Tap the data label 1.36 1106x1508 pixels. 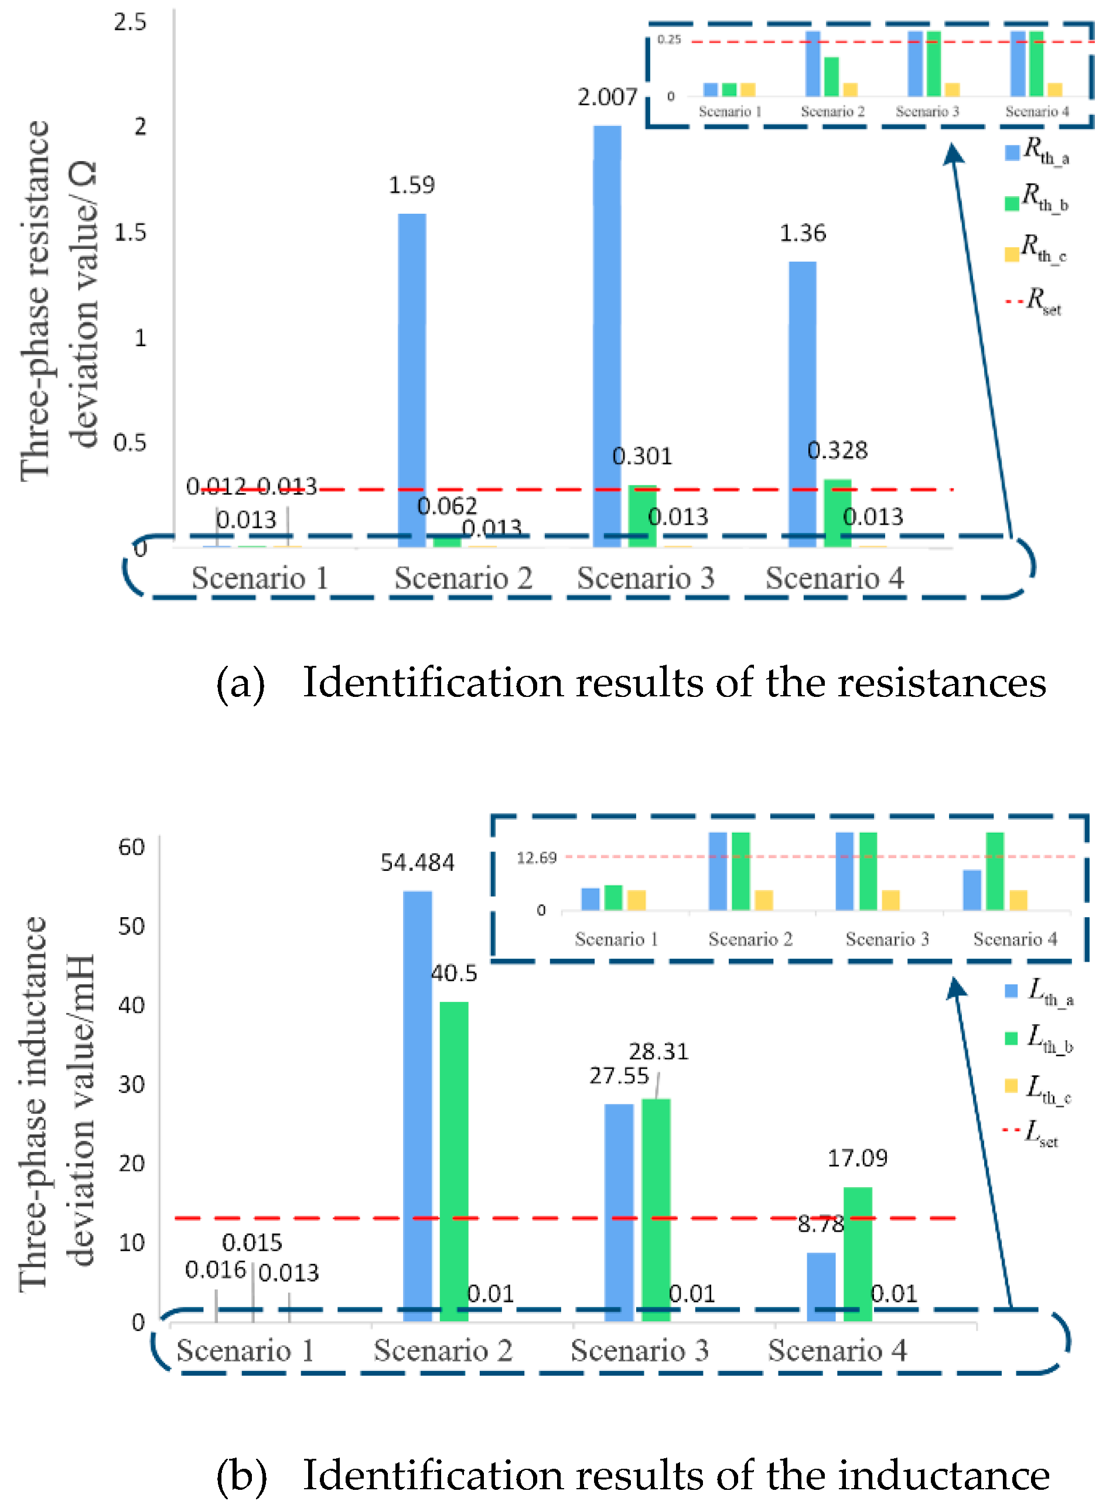[802, 233]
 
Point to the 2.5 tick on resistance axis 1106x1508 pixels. [129, 22]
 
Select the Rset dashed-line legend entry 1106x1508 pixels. [1034, 300]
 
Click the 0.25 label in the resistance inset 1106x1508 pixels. [669, 39]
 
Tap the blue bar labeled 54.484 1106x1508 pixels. [417, 1105]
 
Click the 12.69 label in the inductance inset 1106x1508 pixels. [536, 857]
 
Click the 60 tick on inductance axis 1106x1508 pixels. [131, 847]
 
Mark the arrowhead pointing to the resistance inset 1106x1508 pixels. [953, 153]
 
